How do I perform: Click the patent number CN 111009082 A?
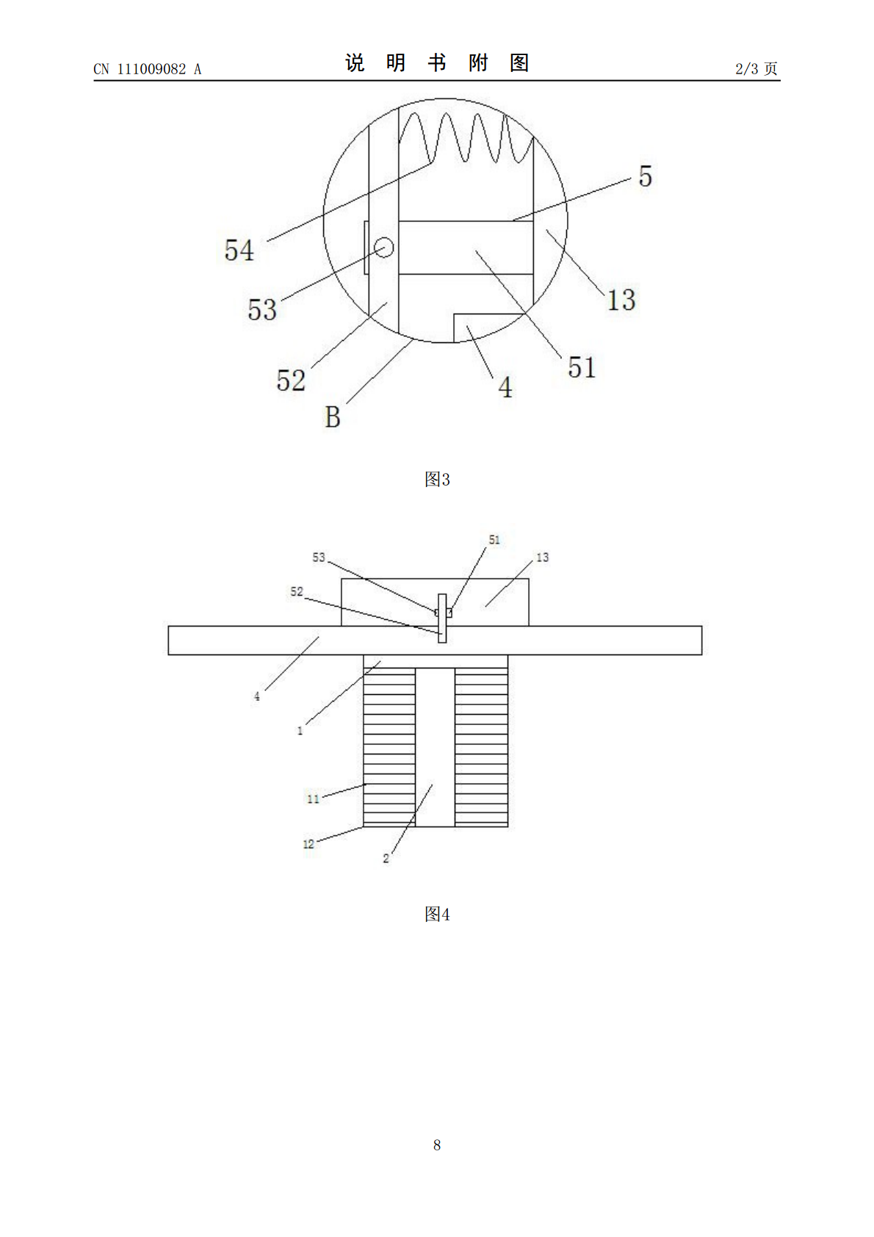point(147,69)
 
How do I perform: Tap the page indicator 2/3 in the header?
point(746,69)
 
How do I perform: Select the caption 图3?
point(437,479)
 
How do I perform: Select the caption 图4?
point(437,914)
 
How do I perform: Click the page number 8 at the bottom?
point(437,1145)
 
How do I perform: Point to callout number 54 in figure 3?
point(239,250)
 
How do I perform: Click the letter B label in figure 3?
point(333,417)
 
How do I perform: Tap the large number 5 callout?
point(646,176)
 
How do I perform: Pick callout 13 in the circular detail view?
point(621,300)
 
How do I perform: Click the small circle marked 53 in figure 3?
point(384,248)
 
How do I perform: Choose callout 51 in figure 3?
point(582,367)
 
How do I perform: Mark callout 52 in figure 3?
point(291,381)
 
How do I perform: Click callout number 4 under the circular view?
point(505,387)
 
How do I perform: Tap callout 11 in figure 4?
point(313,798)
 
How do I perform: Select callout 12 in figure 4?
point(308,844)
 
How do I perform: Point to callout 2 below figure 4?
point(386,859)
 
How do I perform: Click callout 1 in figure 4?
point(300,731)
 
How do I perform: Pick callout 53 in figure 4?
point(319,558)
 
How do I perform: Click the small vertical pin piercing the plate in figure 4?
point(442,618)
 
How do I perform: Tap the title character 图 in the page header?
point(519,63)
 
